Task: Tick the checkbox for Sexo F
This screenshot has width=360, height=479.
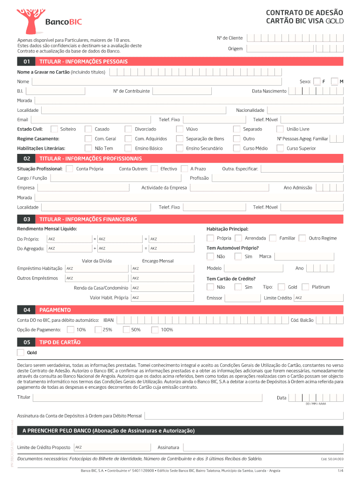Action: pyautogui.click(x=317, y=81)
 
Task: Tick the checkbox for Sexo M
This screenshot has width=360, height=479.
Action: pyautogui.click(x=334, y=81)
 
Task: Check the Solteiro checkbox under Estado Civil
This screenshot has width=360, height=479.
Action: pyautogui.click(x=54, y=129)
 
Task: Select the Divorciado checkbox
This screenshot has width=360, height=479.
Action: pyautogui.click(x=128, y=129)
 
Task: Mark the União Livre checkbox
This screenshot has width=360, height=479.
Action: pyautogui.click(x=280, y=129)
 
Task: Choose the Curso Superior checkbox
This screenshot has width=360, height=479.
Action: pyautogui.click(x=280, y=148)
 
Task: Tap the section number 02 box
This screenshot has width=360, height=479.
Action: pyautogui.click(x=27, y=159)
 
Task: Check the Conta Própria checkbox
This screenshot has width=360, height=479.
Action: pyautogui.click(x=70, y=168)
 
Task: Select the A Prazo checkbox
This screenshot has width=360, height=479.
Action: pyautogui.click(x=184, y=168)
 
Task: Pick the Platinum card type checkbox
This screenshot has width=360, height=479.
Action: pyautogui.click(x=305, y=287)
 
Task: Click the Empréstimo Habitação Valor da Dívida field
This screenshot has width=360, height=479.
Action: pyautogui.click(x=96, y=269)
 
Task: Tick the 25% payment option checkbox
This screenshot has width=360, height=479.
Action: pyautogui.click(x=98, y=330)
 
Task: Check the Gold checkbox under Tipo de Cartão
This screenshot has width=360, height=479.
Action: pyautogui.click(x=21, y=353)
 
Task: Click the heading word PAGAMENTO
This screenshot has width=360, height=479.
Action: pyautogui.click(x=55, y=310)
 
